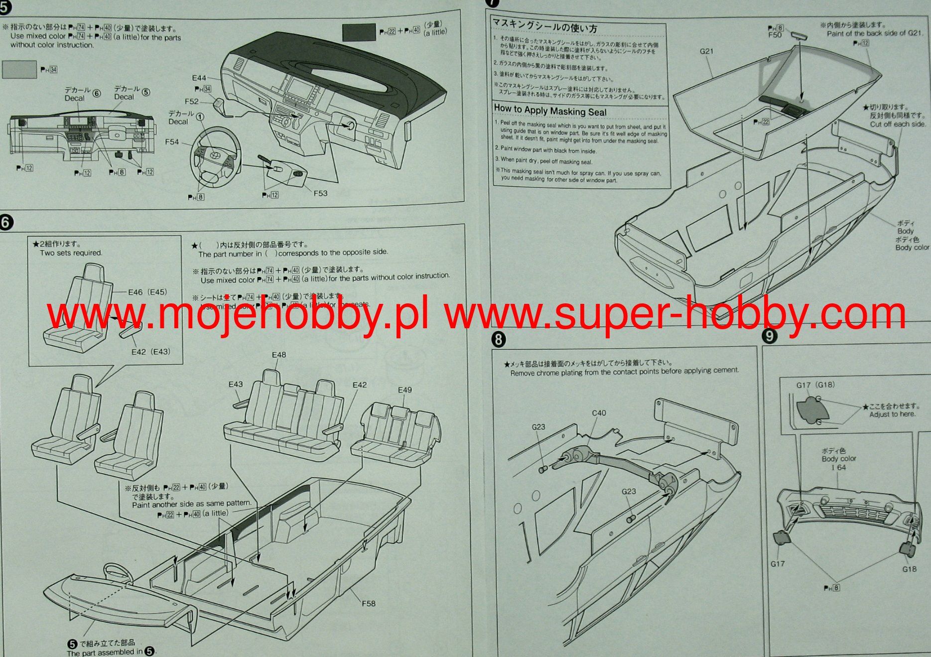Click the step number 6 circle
(x=6, y=222)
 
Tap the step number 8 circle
(x=498, y=340)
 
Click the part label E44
(x=199, y=78)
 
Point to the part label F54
(x=172, y=142)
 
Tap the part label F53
(x=320, y=193)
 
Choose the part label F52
(x=191, y=101)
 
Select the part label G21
(x=706, y=51)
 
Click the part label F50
(x=775, y=35)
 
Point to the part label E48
(x=279, y=355)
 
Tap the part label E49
(x=404, y=390)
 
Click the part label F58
(x=369, y=603)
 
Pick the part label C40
(x=599, y=413)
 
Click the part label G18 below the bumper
(x=909, y=569)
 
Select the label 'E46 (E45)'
(x=147, y=292)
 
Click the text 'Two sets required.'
(x=71, y=253)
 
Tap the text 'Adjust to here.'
(x=892, y=414)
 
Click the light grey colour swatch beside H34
(x=19, y=70)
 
